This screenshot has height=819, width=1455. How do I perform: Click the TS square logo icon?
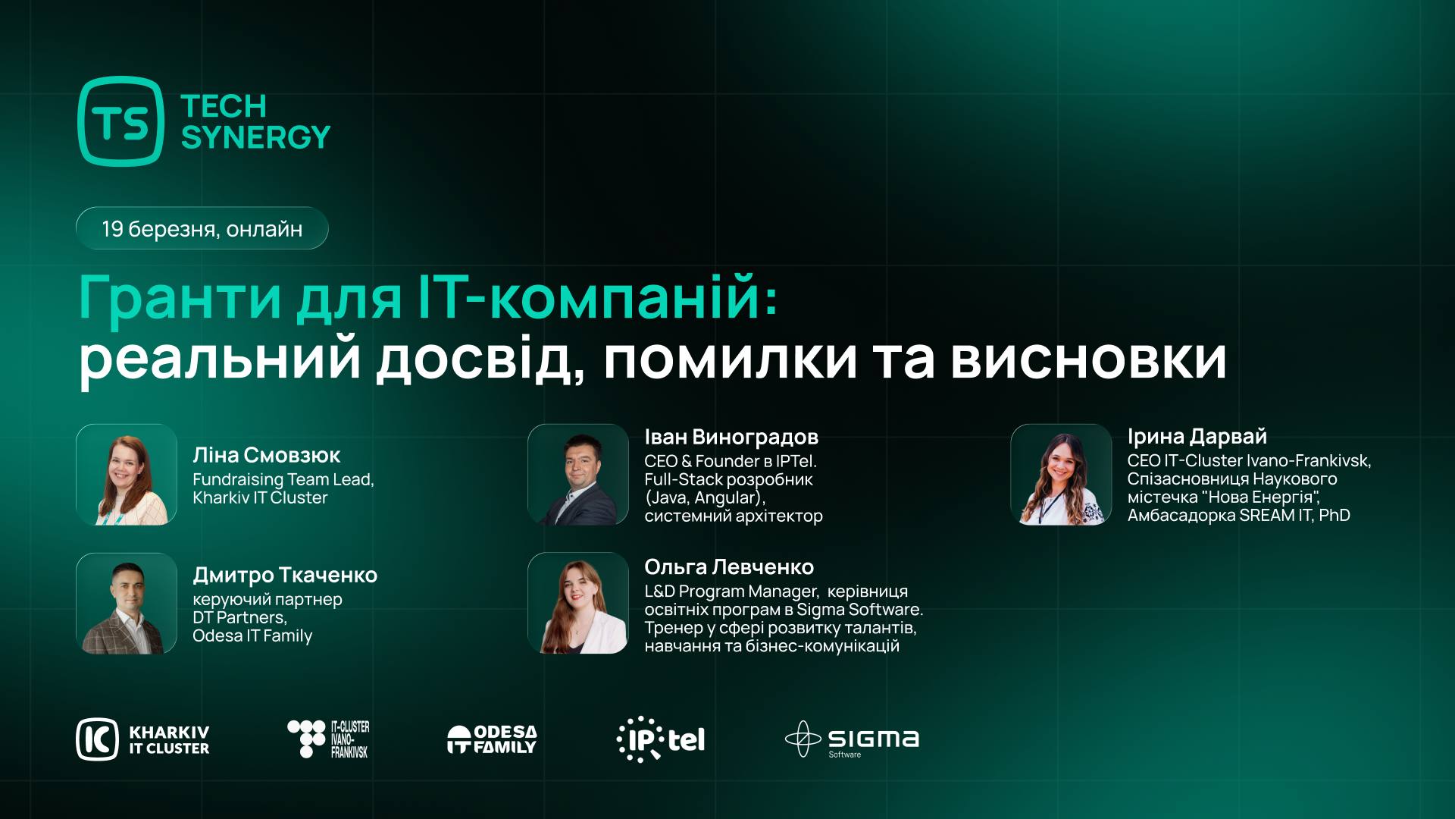[x=120, y=121]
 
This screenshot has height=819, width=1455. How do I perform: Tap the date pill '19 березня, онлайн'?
[x=202, y=228]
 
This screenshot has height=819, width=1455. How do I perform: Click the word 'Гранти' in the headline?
[x=180, y=298]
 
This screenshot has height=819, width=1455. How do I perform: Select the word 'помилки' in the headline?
[x=730, y=359]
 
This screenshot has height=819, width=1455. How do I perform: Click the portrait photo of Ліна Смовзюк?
[x=127, y=475]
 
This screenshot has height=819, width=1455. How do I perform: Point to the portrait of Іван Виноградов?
[x=578, y=475]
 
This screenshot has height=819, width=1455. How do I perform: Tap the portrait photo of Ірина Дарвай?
[x=1061, y=475]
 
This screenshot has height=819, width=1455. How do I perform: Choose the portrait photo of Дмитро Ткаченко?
[x=127, y=604]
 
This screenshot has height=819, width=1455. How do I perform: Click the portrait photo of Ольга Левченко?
[x=578, y=604]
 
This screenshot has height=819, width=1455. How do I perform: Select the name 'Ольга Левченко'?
[x=729, y=567]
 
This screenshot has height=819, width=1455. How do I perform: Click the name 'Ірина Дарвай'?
[x=1197, y=437]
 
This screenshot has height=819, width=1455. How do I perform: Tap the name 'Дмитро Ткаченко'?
[x=285, y=576]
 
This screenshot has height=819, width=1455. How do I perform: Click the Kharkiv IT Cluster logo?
[x=142, y=739]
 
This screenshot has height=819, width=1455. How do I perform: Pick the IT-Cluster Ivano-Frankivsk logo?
[x=328, y=739]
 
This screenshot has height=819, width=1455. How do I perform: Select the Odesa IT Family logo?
[x=492, y=739]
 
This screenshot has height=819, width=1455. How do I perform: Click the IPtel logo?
[x=661, y=739]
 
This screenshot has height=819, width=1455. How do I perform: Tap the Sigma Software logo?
[x=852, y=739]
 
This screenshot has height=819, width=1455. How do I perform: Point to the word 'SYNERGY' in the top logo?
[x=255, y=138]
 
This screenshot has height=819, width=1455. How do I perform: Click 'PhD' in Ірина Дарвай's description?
[x=1335, y=516]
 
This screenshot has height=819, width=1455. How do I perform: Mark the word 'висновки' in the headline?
[x=1088, y=359]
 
